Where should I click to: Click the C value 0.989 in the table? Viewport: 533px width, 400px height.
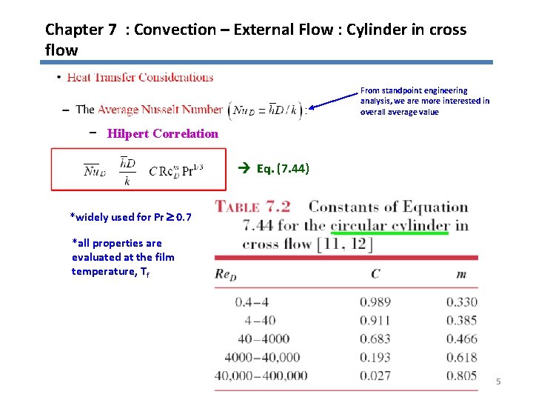[375, 302]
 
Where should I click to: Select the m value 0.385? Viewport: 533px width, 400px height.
[462, 321]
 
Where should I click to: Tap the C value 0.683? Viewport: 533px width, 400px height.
[375, 339]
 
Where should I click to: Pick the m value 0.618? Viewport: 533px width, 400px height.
[462, 357]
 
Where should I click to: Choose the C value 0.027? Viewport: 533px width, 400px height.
[375, 376]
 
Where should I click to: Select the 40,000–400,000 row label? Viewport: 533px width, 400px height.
[261, 376]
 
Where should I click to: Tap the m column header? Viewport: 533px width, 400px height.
[461, 275]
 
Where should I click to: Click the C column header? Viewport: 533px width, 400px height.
[375, 275]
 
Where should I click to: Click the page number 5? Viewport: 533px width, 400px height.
[498, 381]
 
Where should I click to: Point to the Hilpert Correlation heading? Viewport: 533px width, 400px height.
[163, 134]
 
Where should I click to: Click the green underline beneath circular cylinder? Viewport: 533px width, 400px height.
[389, 233]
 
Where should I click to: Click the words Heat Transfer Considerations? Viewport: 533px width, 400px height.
[140, 77]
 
